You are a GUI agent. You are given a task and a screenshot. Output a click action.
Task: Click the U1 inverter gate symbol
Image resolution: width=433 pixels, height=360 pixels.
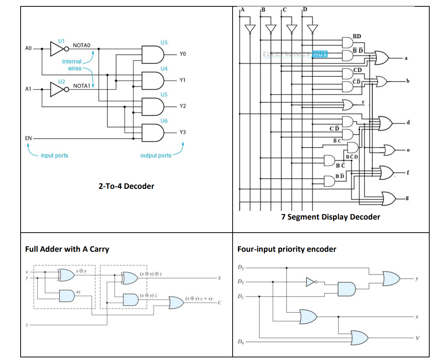[58, 49]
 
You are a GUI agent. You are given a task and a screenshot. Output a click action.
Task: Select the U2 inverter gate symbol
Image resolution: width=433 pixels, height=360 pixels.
[58, 90]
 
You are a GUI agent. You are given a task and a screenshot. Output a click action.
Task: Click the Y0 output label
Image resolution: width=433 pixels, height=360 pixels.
[183, 54]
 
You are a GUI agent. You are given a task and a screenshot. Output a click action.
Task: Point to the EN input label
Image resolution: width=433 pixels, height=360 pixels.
[28, 138]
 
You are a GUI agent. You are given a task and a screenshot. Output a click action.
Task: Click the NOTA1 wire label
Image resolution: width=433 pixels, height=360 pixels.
[82, 86]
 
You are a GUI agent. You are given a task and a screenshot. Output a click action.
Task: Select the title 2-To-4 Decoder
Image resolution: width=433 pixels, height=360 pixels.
[126, 186]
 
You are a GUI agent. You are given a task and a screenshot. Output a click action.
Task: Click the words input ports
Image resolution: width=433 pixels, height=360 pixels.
[54, 155]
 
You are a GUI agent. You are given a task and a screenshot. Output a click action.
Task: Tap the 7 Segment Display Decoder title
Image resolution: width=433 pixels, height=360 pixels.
[331, 217]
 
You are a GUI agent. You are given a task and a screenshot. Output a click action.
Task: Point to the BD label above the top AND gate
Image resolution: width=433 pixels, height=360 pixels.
[357, 36]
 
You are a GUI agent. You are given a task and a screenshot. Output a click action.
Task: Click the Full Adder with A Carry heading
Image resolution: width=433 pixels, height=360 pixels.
[67, 249]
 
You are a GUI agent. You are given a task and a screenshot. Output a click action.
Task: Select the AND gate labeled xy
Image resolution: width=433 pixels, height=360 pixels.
[67, 296]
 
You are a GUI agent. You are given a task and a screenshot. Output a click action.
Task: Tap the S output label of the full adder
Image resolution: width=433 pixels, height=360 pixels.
[219, 278]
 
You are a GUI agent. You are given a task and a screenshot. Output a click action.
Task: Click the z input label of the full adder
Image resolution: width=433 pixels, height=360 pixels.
[27, 325]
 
